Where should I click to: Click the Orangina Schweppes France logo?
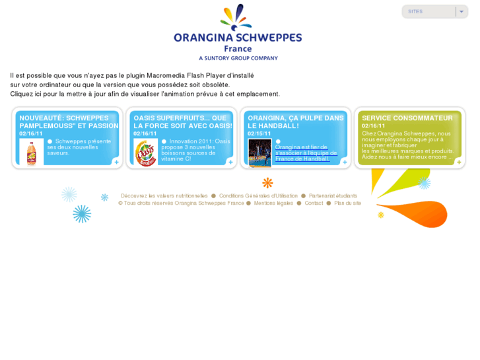pos(238,33)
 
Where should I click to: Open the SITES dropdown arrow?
pos(462,12)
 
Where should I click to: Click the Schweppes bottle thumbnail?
pos(31,152)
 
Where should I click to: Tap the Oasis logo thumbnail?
pos(145,153)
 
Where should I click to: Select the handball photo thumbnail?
pos(259,153)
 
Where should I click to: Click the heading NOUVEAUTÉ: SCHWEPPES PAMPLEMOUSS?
pos(69,122)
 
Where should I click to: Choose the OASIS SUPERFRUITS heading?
pos(183,122)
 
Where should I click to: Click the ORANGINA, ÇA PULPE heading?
pos(296,122)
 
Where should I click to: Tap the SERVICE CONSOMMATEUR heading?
pos(407,118)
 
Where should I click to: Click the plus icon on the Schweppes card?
pos(116,162)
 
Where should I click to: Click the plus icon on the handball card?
pos(345,162)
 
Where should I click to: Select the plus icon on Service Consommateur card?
pos(459,162)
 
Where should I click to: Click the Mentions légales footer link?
pos(273,203)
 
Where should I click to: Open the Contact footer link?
pos(314,203)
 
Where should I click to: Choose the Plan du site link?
pos(347,203)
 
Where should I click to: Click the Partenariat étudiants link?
pos(333,196)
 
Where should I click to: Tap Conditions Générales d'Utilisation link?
pos(258,196)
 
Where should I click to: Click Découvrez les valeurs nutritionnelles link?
pos(164,196)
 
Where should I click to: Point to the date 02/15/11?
pos(259,133)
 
